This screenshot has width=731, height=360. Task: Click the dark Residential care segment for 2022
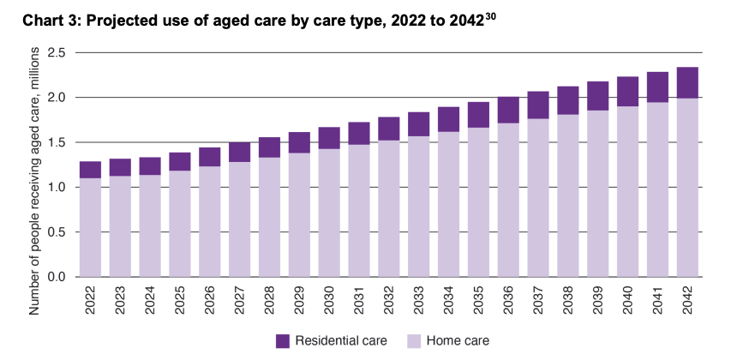point(91,170)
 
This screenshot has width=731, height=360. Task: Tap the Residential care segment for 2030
point(329,138)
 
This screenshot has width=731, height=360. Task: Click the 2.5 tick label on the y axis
point(57,53)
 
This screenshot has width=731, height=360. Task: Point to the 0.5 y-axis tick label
point(57,232)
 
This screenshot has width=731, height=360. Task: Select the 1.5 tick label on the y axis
point(57,143)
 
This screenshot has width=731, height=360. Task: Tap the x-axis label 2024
point(151,301)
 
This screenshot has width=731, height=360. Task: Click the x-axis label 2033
point(419,301)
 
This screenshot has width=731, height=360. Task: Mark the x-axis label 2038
point(568,301)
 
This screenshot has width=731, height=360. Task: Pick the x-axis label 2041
point(657,301)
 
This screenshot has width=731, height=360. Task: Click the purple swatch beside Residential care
point(284,341)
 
